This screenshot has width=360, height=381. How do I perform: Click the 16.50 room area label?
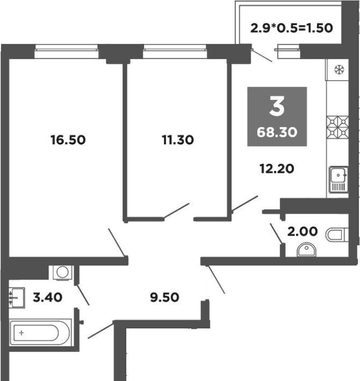click(68, 140)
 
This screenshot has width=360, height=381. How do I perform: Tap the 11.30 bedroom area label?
click(178, 140)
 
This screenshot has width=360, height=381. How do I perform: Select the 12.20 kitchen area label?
click(277, 168)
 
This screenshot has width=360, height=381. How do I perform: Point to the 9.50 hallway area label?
click(164, 297)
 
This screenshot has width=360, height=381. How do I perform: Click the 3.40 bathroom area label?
click(47, 297)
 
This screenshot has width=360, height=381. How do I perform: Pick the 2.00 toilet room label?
click(303, 231)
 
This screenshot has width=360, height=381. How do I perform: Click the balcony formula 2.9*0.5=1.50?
click(291, 28)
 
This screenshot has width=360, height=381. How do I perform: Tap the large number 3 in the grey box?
click(277, 106)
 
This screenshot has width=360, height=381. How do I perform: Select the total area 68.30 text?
click(277, 133)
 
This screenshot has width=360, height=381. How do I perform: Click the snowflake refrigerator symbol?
click(339, 70)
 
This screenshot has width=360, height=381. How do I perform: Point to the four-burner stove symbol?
click(337, 127)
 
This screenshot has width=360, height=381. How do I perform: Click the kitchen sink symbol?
click(339, 180)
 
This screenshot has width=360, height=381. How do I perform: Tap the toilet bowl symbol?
click(337, 235)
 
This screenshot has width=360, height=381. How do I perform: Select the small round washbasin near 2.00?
click(306, 250)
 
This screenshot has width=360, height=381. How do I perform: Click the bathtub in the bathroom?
click(40, 333)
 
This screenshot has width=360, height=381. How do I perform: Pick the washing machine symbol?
click(62, 273)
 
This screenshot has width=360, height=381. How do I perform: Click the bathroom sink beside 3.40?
click(17, 298)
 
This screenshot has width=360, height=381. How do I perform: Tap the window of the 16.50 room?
click(67, 52)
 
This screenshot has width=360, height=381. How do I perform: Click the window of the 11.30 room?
click(175, 52)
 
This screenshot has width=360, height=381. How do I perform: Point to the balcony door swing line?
click(262, 55)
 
